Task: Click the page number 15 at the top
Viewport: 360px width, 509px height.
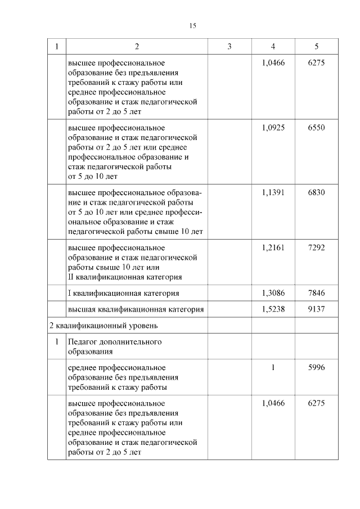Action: [192, 25]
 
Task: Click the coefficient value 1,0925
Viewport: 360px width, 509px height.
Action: [273, 128]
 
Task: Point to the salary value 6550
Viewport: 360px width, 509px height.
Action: [317, 128]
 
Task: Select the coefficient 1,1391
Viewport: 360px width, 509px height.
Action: [273, 192]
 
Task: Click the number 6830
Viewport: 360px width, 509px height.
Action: [317, 192]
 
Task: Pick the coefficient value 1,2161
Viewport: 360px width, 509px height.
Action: [273, 247]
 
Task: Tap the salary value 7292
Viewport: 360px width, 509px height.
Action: [317, 247]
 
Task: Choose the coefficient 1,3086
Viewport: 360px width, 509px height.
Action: [273, 293]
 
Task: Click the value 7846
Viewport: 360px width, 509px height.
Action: [317, 293]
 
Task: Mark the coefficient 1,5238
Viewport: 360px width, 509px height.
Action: [273, 309]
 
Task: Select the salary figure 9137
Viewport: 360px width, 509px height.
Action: [317, 309]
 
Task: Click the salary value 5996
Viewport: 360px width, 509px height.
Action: [317, 367]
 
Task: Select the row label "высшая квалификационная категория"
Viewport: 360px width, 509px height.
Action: [135, 309]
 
